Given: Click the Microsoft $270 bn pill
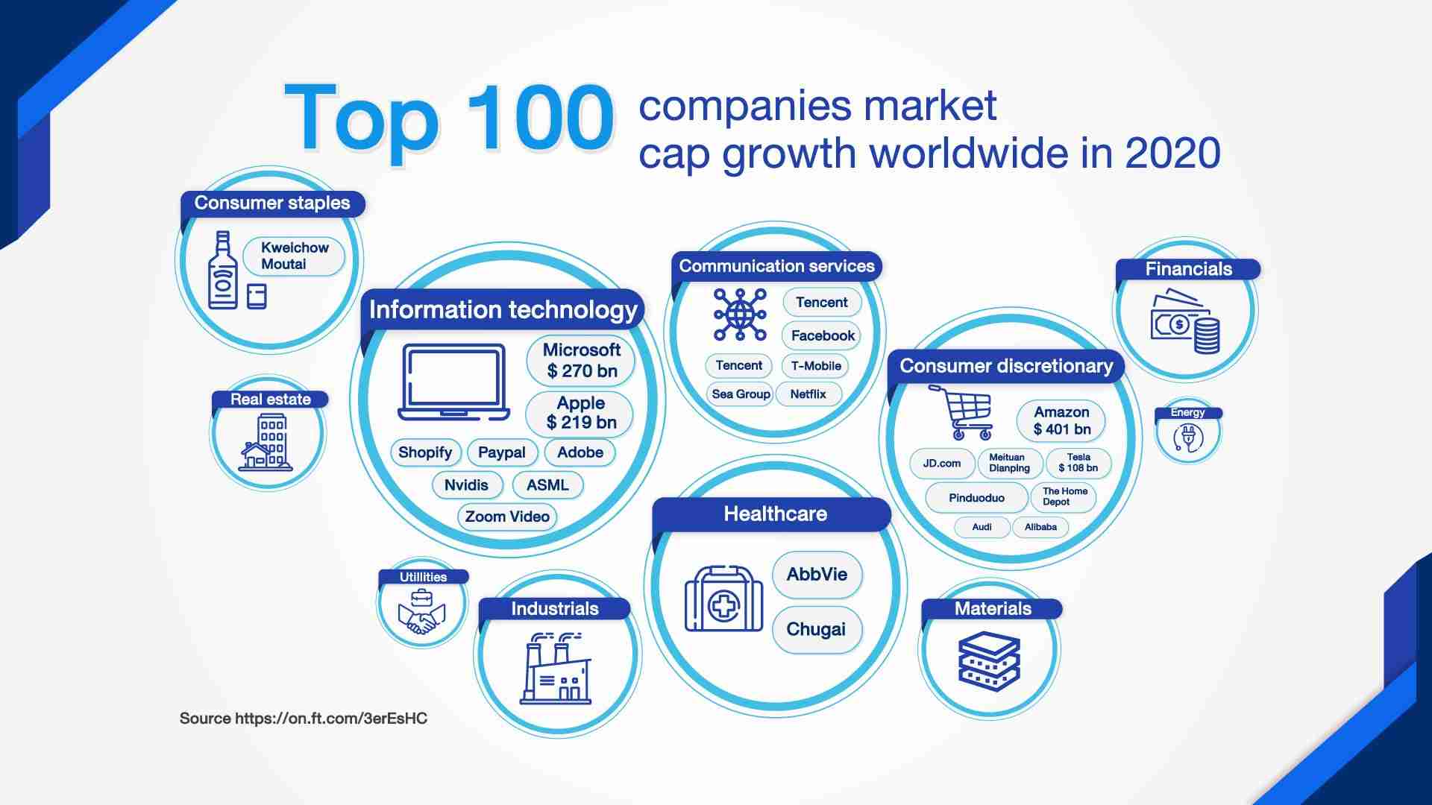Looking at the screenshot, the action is (x=581, y=361).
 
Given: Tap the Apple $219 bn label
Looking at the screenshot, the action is (x=580, y=413).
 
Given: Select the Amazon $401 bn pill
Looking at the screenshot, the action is (x=1061, y=421).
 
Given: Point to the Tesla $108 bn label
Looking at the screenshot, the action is (x=1078, y=463).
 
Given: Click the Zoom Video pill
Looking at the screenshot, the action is (x=507, y=517).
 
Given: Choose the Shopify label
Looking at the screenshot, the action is (x=425, y=452).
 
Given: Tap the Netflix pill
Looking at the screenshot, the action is (x=808, y=394).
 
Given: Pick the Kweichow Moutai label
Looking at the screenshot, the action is (x=295, y=256).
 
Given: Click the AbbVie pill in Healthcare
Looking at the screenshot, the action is (x=817, y=575).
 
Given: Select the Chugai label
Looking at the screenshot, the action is (x=817, y=630).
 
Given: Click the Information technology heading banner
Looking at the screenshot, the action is (x=503, y=309).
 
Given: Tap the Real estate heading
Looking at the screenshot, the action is (x=270, y=400).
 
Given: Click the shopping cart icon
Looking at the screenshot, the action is (x=961, y=412).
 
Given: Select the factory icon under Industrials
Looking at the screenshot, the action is (x=556, y=668).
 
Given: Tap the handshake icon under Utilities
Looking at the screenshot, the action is (x=422, y=611).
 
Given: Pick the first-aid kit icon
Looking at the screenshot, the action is (x=723, y=599).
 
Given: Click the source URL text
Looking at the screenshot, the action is (x=304, y=719).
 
